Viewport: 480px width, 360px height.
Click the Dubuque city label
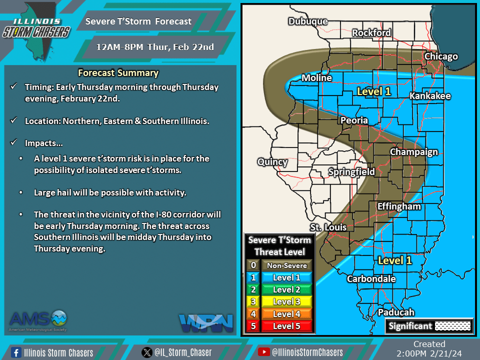point(308,21)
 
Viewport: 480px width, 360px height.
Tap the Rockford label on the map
point(371,32)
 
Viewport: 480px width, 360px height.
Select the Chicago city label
point(441,56)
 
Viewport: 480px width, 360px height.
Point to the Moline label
point(316,78)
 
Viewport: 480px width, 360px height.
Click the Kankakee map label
point(430,96)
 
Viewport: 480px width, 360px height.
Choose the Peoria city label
point(354,120)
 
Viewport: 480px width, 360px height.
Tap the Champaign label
point(413,152)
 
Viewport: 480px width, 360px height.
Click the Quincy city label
point(272,162)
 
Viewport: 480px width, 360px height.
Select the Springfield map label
point(351,172)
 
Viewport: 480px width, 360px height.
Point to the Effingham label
point(399,206)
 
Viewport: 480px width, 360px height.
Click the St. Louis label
point(328,227)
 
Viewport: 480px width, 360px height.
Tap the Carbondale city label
point(371,279)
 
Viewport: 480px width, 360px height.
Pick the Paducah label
point(396,312)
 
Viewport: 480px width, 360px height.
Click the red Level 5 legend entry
point(287,326)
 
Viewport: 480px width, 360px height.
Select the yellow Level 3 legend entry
point(287,302)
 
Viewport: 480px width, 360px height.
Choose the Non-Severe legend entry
point(287,265)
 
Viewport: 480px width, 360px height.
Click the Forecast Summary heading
point(118,73)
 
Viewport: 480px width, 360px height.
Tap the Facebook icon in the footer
point(15,352)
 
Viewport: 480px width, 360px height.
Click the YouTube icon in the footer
point(263,352)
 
